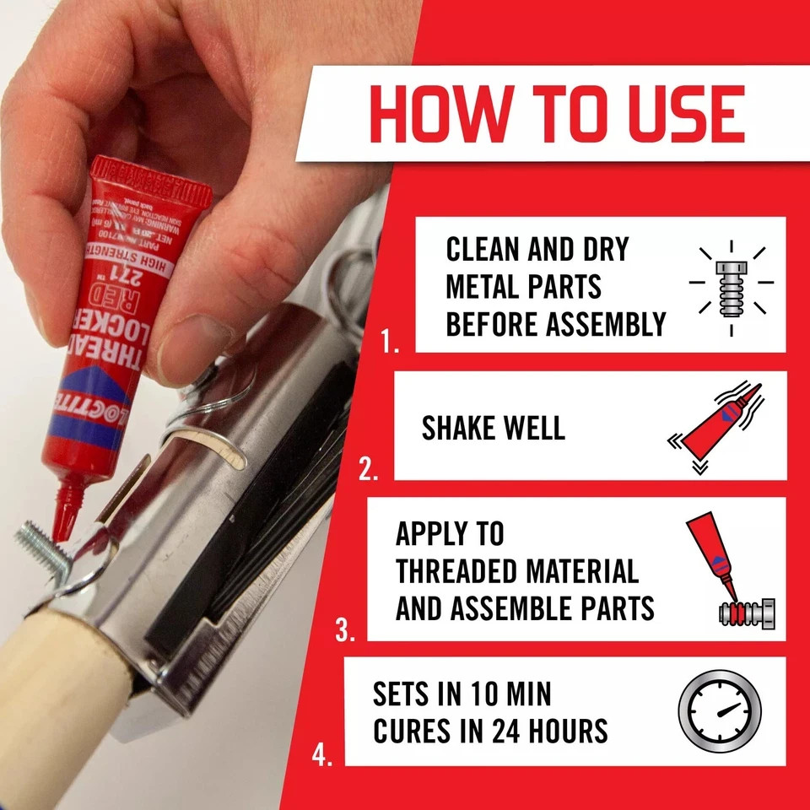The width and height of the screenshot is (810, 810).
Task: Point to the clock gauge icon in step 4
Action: [719, 711]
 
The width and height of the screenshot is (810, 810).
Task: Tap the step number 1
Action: [390, 342]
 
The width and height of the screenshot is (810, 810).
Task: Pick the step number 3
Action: [344, 630]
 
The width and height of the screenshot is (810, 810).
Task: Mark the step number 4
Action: [321, 755]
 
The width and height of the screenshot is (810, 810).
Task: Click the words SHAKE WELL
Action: [493, 428]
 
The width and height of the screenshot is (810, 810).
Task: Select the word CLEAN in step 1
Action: [486, 250]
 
